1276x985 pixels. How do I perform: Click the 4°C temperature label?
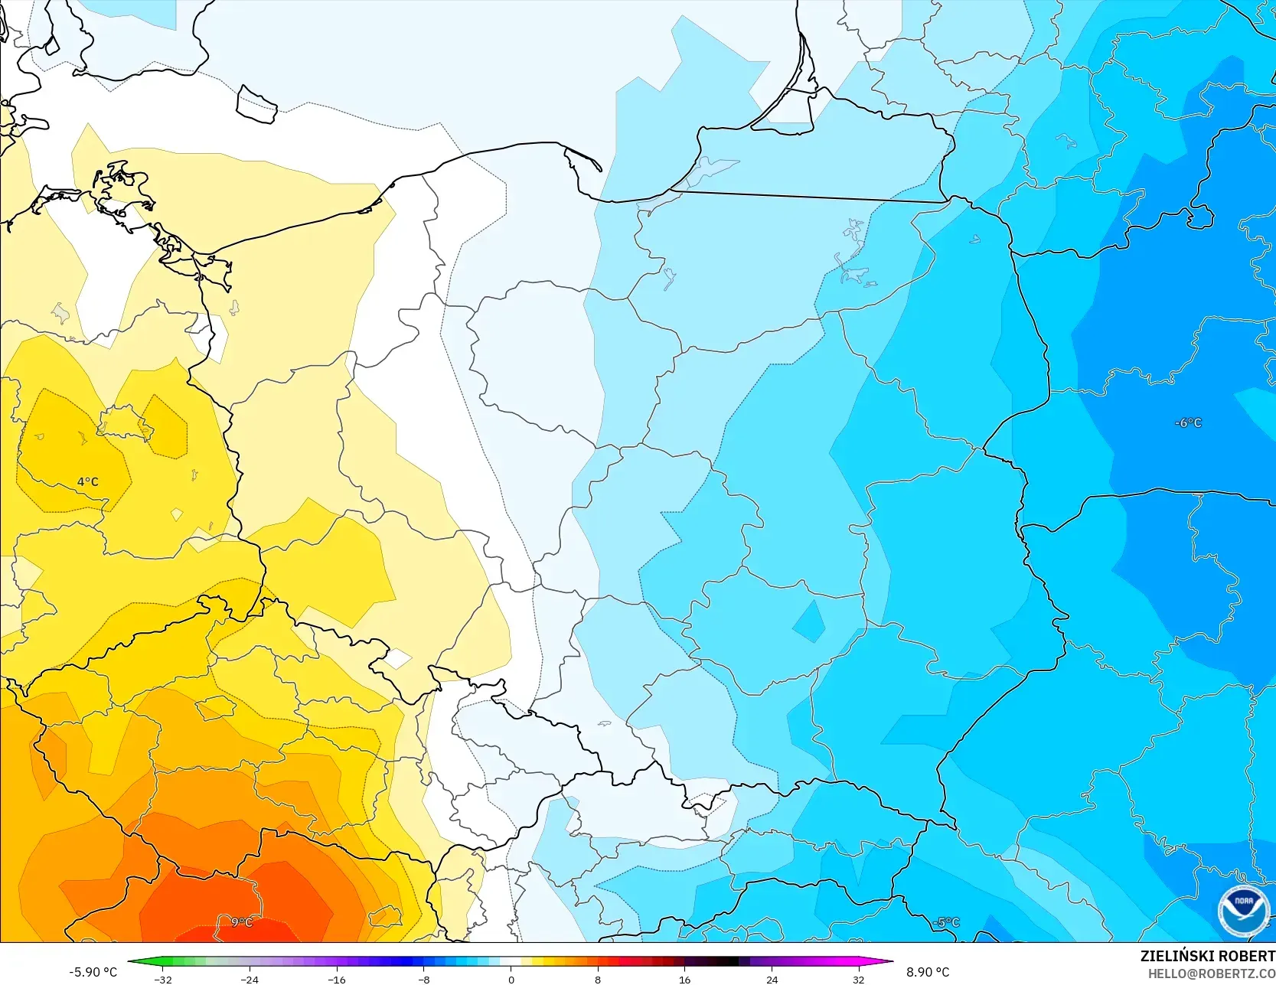click(x=88, y=481)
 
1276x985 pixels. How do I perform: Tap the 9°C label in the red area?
click(x=242, y=922)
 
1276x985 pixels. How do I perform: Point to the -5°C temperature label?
click(x=946, y=922)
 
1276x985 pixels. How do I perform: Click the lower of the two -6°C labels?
click(x=1188, y=422)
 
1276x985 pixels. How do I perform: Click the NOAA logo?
click(x=1243, y=911)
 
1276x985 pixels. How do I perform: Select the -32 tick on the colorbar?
click(x=162, y=979)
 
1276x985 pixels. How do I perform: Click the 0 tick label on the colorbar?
click(x=511, y=979)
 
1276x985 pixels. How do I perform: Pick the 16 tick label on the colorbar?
click(x=684, y=979)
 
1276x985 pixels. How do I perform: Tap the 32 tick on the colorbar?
click(x=858, y=979)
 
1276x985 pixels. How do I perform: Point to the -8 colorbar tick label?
click(x=423, y=979)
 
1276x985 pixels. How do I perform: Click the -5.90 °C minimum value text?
click(x=93, y=972)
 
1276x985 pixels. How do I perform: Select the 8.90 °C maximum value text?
click(x=928, y=972)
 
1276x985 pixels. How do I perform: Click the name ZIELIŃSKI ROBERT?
click(x=1207, y=956)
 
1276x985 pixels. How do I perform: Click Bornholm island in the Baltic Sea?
click(x=256, y=104)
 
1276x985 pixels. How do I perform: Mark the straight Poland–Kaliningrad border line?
click(x=808, y=196)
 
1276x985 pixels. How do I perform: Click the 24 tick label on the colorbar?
click(x=772, y=979)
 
